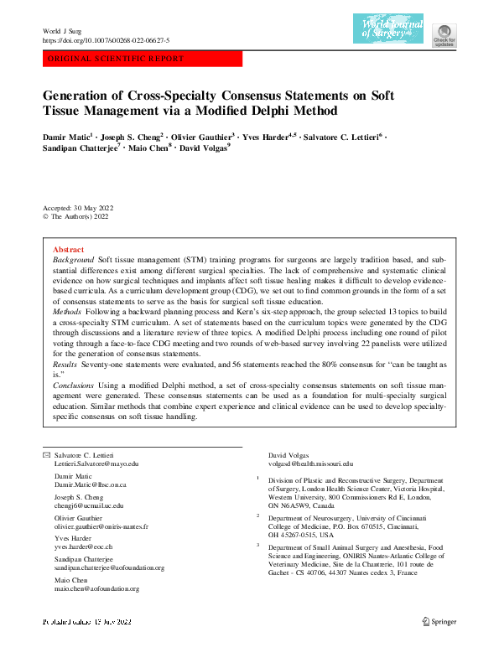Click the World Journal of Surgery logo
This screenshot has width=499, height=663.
click(x=388, y=28)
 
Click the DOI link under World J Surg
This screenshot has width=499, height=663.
click(x=106, y=41)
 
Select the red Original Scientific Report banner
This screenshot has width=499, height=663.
click(x=142, y=60)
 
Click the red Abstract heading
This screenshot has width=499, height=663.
click(x=68, y=250)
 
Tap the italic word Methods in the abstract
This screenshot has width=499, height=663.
click(x=67, y=310)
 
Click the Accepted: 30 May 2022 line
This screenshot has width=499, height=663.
click(x=78, y=207)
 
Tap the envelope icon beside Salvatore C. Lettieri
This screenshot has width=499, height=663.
click(x=46, y=453)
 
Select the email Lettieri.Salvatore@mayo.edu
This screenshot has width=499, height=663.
click(x=96, y=463)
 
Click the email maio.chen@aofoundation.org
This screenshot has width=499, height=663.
click(x=96, y=588)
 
